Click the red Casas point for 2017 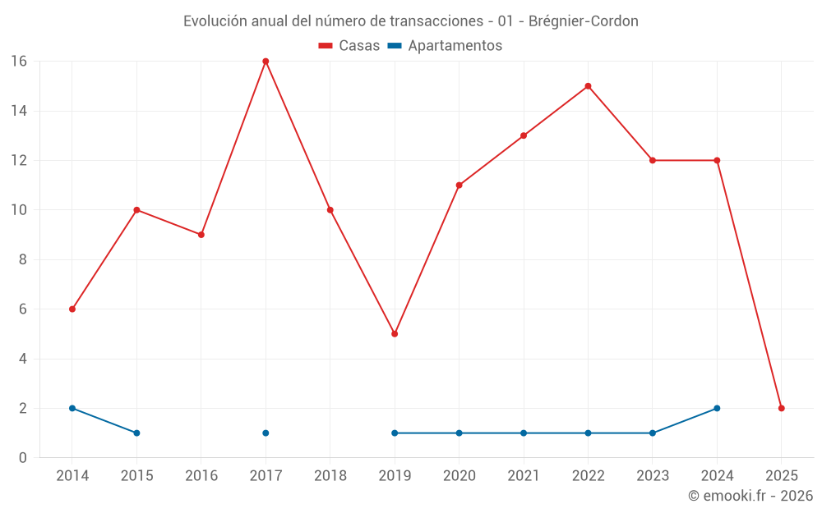tap(266, 62)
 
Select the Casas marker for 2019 tap(395, 334)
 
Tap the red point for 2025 tap(782, 408)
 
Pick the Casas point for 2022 tap(588, 86)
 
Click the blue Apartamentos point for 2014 tap(72, 408)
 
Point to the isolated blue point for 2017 tap(266, 433)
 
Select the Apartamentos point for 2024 tap(717, 408)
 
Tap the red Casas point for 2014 tap(72, 309)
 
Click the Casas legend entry tap(349, 46)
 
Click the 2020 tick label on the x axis tap(459, 475)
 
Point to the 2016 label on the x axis tap(201, 475)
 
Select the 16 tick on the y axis tap(19, 62)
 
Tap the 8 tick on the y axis tap(23, 259)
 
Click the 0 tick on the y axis tap(23, 458)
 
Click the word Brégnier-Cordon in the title tap(584, 21)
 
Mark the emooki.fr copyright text tap(750, 496)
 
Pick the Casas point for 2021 tap(524, 135)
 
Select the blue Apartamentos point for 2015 tap(136, 433)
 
